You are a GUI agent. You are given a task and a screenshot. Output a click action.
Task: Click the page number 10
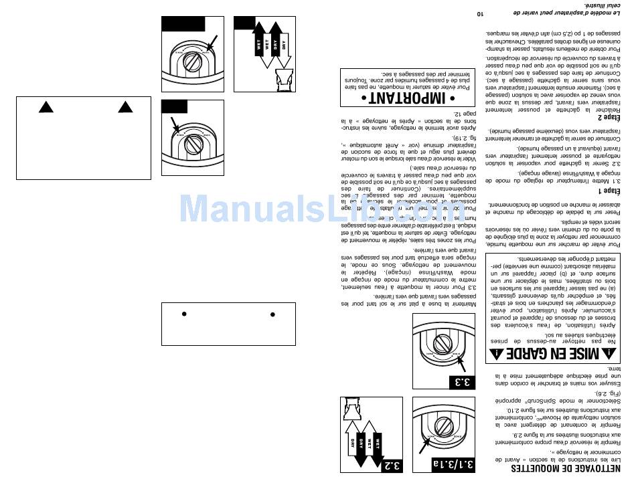(479, 13)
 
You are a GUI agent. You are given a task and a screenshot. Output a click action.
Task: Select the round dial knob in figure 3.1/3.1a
(443, 425)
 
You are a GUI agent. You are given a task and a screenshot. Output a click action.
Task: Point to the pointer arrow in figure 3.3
(460, 364)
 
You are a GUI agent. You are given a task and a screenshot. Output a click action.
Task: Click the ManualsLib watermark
(321, 209)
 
